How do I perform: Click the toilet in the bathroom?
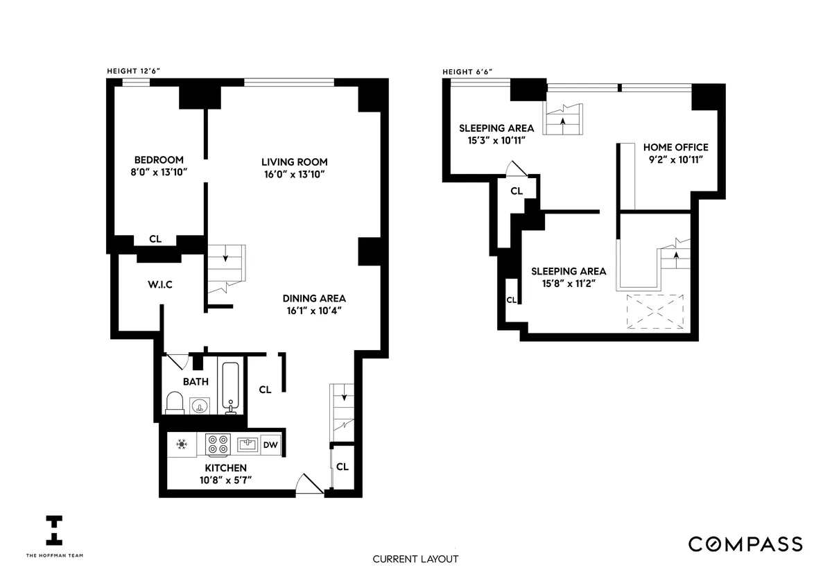(176, 403)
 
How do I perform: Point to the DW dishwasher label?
(270, 445)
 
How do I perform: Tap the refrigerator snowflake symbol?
(182, 444)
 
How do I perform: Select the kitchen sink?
(247, 444)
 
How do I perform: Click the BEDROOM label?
(159, 160)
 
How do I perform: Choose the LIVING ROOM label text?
(290, 160)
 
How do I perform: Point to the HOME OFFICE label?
(675, 147)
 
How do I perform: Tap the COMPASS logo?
(745, 544)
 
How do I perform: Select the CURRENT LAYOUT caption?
(415, 559)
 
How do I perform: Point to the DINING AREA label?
(314, 298)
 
